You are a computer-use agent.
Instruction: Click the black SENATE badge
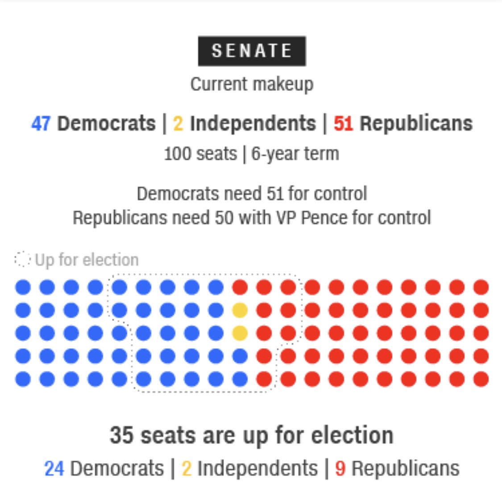(252, 51)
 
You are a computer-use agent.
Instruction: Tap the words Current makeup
(252, 84)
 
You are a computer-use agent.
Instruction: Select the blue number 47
(41, 123)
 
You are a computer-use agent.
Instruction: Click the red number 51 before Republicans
(343, 123)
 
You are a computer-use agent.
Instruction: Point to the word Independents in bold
(253, 123)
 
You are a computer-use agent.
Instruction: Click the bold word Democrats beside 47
(106, 123)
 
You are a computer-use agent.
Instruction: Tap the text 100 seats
(200, 154)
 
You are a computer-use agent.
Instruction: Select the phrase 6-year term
(295, 154)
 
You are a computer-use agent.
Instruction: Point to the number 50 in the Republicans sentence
(224, 218)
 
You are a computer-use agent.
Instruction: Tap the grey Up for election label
(87, 260)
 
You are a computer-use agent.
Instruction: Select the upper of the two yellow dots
(240, 310)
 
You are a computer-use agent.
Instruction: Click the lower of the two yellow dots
(240, 333)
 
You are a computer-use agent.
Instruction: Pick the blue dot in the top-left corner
(23, 287)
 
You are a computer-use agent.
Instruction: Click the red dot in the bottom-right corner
(481, 379)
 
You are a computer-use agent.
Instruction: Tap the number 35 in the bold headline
(121, 435)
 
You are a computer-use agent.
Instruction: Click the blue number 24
(54, 468)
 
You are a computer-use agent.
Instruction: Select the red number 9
(340, 468)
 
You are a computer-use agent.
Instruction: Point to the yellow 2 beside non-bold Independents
(187, 468)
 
